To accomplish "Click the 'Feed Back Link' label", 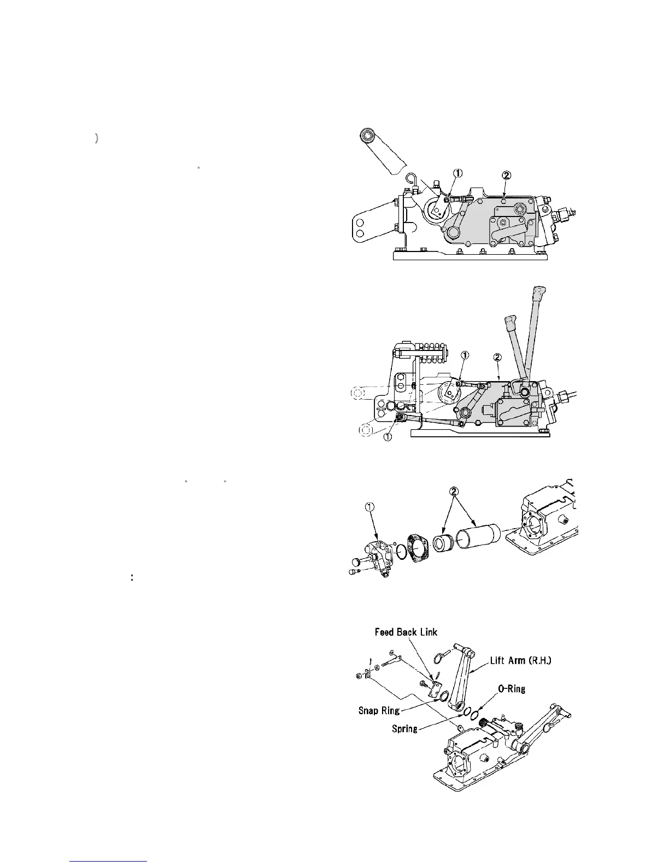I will (406, 633).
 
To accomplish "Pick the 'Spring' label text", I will (404, 729).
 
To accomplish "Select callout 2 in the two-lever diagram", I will (497, 358).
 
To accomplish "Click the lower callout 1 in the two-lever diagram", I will (388, 438).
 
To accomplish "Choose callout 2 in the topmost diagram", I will (506, 175).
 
